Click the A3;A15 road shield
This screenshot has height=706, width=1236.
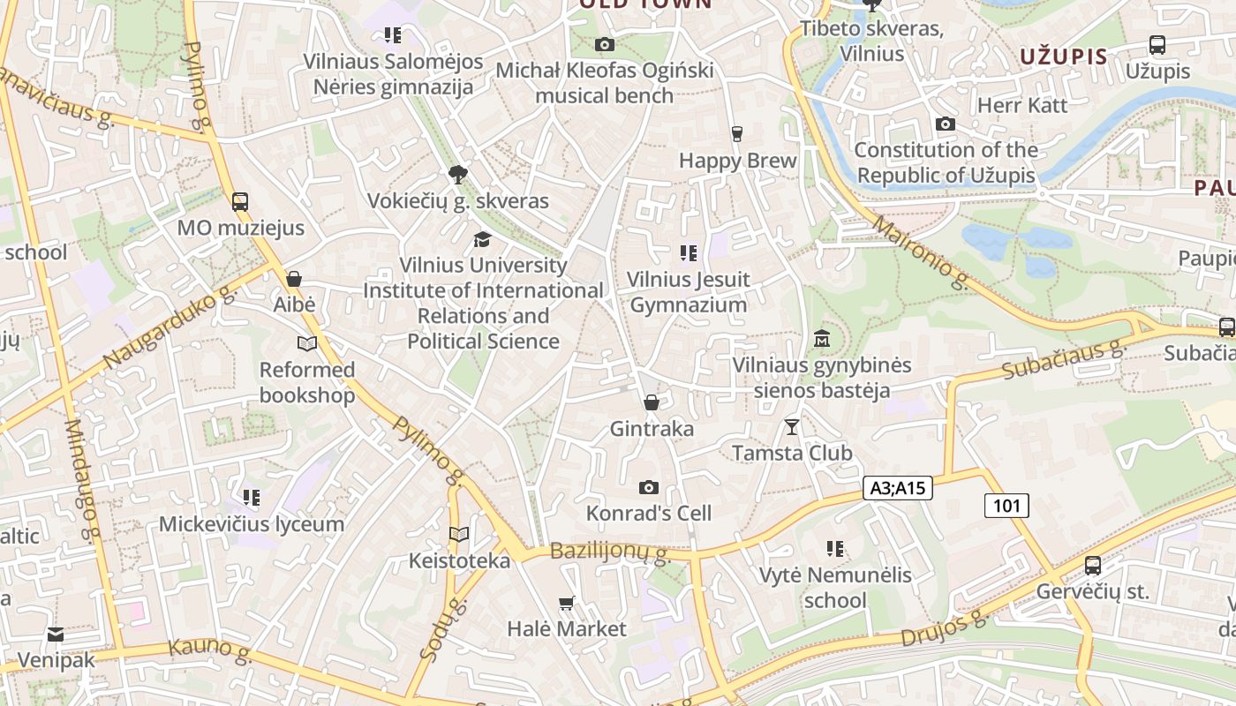click(x=897, y=488)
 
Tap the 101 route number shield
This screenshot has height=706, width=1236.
click(x=1006, y=506)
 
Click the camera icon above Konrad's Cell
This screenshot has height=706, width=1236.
click(x=649, y=487)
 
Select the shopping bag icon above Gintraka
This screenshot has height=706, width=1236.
click(x=652, y=403)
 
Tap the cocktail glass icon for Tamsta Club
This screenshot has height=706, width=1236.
click(x=792, y=427)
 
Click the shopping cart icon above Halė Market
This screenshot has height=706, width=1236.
click(x=567, y=604)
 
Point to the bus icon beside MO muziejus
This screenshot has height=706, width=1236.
click(x=240, y=202)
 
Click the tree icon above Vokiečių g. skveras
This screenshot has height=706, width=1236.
click(x=457, y=175)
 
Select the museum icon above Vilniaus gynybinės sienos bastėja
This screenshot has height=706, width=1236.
click(x=822, y=339)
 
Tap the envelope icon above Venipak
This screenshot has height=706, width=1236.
click(x=56, y=635)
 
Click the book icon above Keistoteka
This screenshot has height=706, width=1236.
click(x=459, y=534)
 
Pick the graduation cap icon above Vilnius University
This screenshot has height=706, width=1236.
click(x=482, y=239)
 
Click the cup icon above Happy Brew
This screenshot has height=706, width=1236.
click(x=737, y=134)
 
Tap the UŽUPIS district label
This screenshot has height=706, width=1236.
click(x=1063, y=57)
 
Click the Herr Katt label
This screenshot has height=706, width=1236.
click(x=1022, y=105)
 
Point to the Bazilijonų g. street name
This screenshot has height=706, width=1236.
click(x=610, y=553)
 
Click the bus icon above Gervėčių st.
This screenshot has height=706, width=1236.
click(x=1093, y=566)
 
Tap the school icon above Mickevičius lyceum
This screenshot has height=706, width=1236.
click(x=252, y=498)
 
